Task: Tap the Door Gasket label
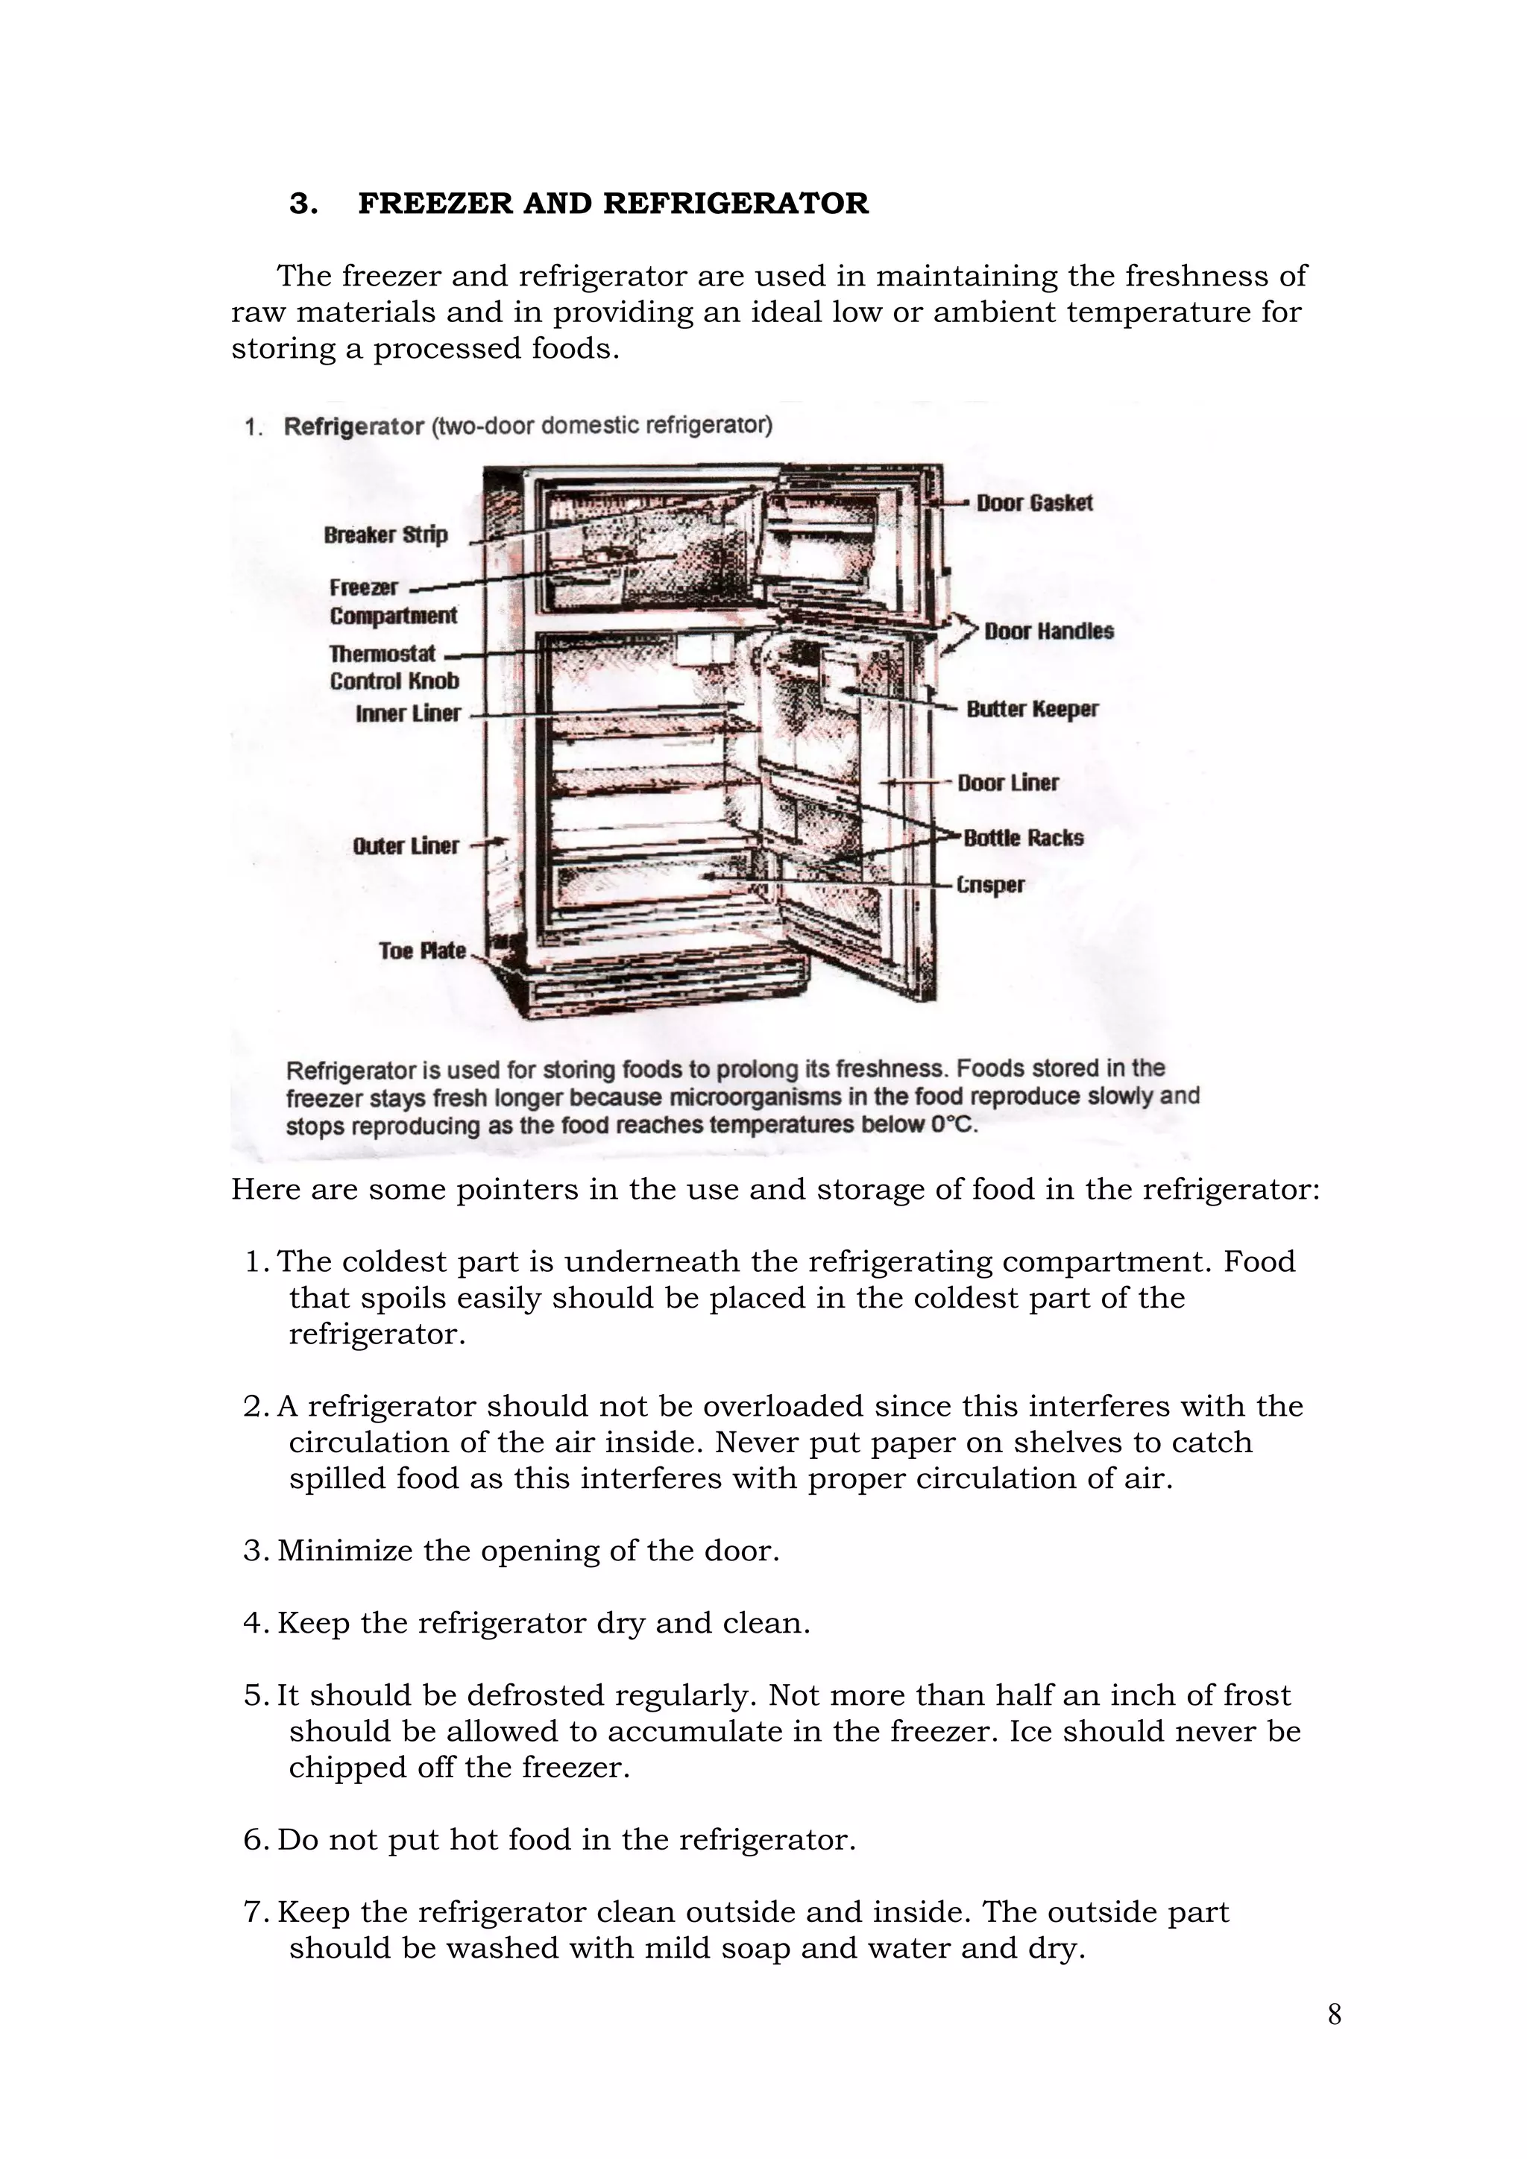coord(1034,503)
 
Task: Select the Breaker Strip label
coord(385,535)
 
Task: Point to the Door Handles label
coord(1048,632)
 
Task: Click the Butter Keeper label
coord(1031,709)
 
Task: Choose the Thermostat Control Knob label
coord(394,666)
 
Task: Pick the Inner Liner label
coord(408,713)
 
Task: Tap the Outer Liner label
coord(406,846)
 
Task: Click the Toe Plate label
coord(422,951)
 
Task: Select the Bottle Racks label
coord(1023,838)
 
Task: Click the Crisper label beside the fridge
coord(990,885)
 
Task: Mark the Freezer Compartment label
coord(392,602)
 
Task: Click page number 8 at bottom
coord(1333,2015)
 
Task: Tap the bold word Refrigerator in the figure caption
coord(353,427)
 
